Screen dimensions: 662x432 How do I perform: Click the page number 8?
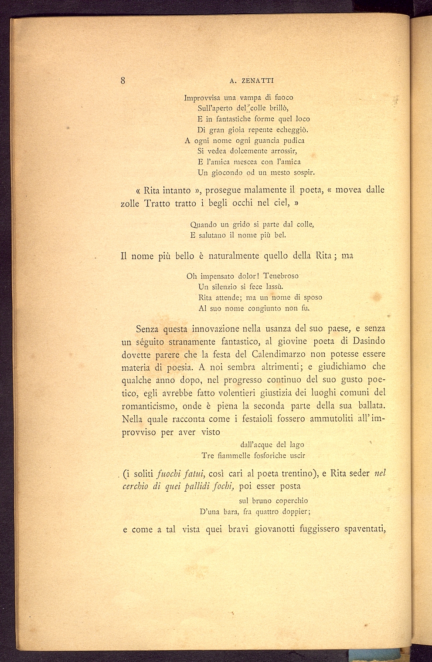coord(123,80)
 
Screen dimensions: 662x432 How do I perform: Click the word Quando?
coord(204,225)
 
